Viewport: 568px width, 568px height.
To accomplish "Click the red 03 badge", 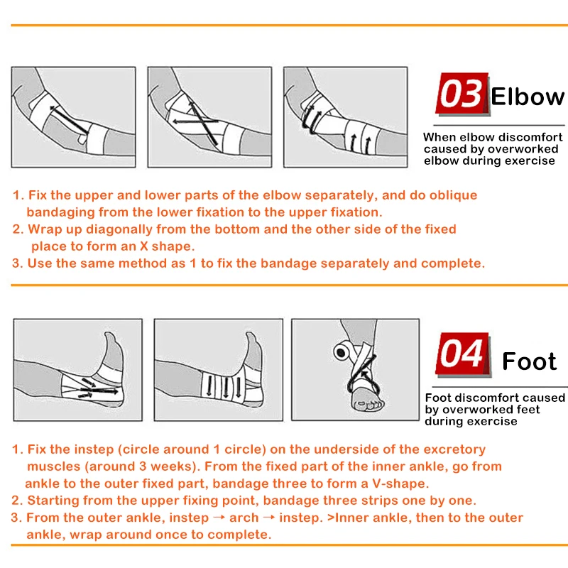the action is click(x=462, y=94).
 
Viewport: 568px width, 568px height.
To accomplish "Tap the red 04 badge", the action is click(x=463, y=353).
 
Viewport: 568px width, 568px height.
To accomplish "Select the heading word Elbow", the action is click(x=528, y=97).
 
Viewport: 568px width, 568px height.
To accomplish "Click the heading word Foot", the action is click(x=529, y=361).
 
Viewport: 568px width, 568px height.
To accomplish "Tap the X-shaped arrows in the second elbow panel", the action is click(x=199, y=121).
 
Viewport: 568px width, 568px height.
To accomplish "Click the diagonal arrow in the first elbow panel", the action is click(x=69, y=119).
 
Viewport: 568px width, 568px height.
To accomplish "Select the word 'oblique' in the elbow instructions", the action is click(x=453, y=196).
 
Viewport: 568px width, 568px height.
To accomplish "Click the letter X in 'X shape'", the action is click(x=144, y=246).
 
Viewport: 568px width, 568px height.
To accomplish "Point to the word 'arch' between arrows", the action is click(x=244, y=518).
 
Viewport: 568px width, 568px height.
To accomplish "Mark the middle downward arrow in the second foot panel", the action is click(x=226, y=388).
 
